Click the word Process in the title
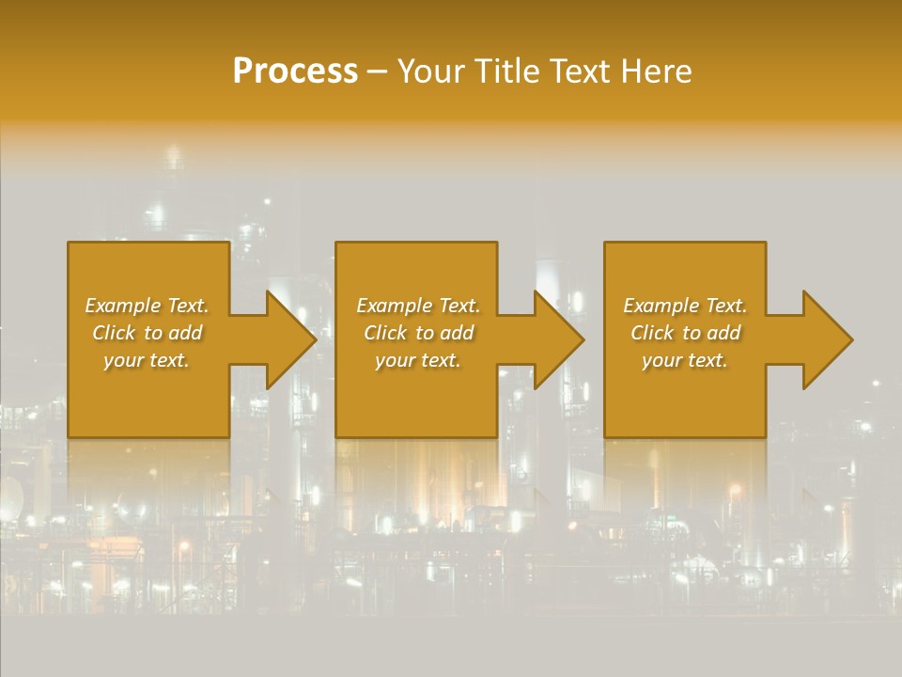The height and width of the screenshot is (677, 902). pos(295,71)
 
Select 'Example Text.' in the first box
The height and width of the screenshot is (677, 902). pos(147,306)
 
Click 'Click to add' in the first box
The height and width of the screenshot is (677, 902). pos(147,333)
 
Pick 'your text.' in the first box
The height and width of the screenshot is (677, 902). pos(147,360)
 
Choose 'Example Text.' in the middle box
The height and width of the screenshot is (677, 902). pos(417,306)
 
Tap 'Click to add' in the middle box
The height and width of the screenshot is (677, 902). pos(417,333)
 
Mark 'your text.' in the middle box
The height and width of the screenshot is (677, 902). pos(417,360)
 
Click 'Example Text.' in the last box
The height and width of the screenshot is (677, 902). pos(685,306)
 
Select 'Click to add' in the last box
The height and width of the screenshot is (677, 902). pos(685,333)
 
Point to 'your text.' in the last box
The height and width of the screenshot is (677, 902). pos(685,360)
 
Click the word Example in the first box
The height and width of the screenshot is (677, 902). pos(123,306)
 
